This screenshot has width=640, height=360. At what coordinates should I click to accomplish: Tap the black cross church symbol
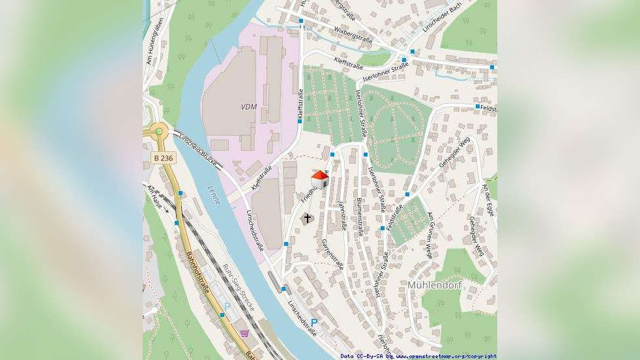[307, 218]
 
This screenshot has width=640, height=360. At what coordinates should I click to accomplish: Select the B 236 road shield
[164, 158]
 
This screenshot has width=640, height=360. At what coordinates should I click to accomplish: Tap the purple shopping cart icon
[244, 333]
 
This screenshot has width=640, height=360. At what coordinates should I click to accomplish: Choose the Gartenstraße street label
[332, 253]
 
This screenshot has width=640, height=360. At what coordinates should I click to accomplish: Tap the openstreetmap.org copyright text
[443, 356]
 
